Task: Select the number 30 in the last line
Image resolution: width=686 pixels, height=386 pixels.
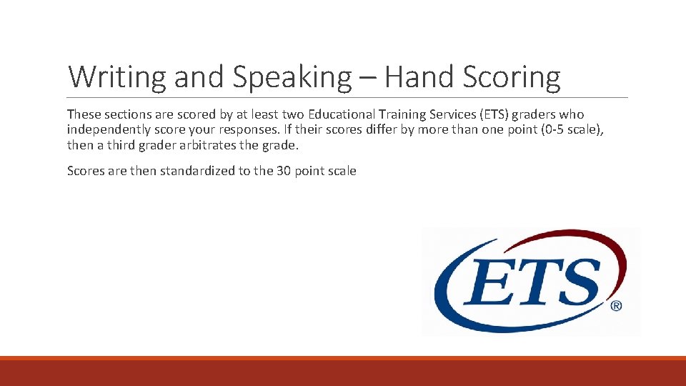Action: (x=283, y=171)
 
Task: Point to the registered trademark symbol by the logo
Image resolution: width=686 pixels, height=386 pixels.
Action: (x=615, y=305)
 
